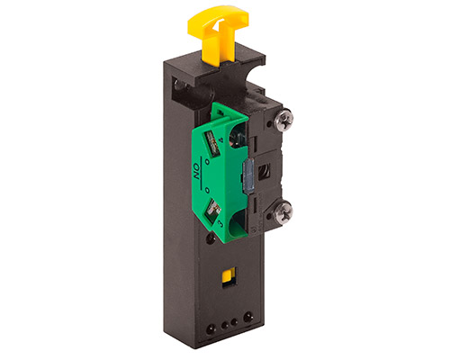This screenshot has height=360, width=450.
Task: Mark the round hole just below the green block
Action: point(210,239)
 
